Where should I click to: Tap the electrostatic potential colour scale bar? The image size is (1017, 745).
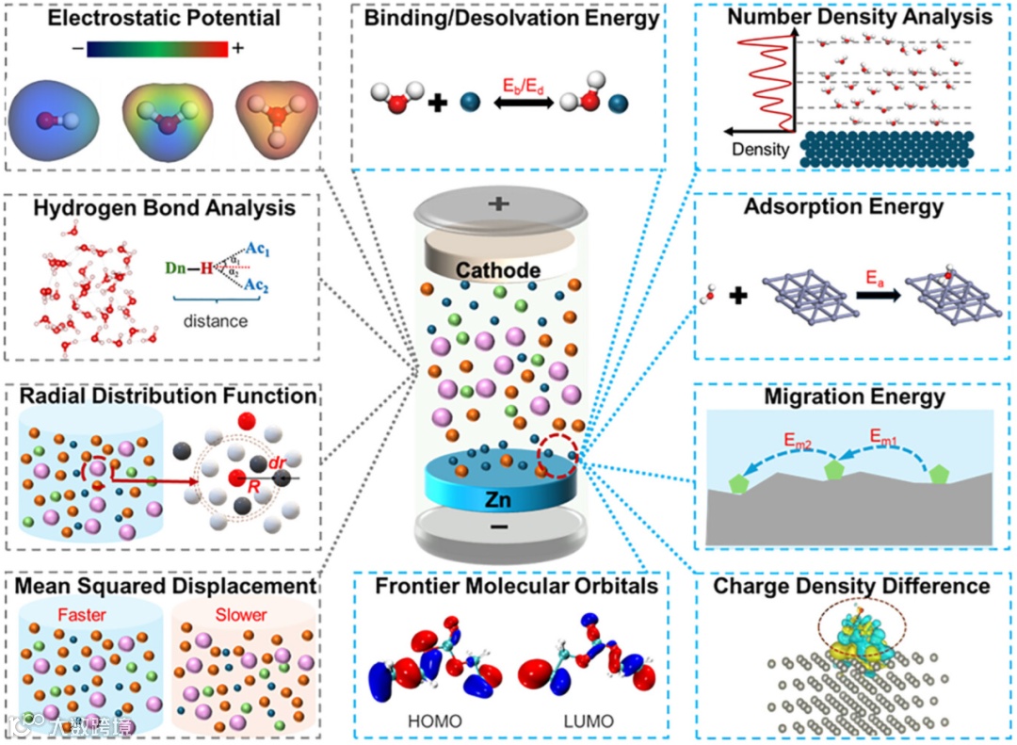coord(157,49)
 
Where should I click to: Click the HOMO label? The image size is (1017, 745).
coord(434,722)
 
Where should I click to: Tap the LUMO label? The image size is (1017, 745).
coord(588,722)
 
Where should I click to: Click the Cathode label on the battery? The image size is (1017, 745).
coord(499,271)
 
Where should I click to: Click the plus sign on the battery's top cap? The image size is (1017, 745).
coord(497,204)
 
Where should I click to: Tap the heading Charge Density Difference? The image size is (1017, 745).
coord(851,586)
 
